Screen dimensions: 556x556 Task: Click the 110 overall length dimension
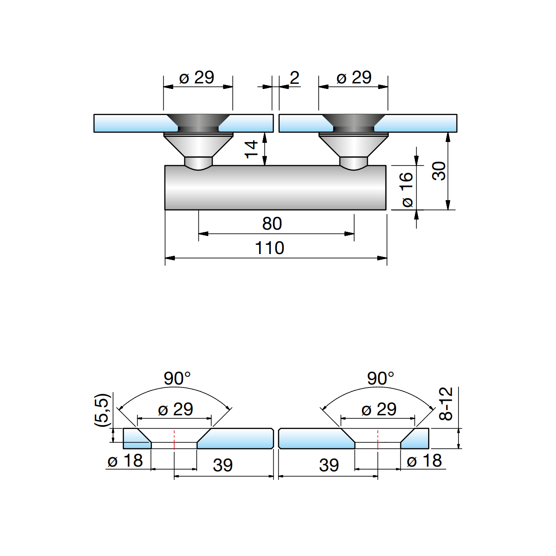click(269, 248)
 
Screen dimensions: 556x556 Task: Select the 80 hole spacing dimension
click(272, 224)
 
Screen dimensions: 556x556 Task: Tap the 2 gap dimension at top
click(294, 78)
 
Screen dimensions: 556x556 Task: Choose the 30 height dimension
click(439, 171)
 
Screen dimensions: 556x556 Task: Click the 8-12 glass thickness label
click(446, 404)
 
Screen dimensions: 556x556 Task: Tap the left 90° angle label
click(177, 379)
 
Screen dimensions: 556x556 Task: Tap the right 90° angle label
click(381, 379)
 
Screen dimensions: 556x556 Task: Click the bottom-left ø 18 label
click(125, 461)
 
